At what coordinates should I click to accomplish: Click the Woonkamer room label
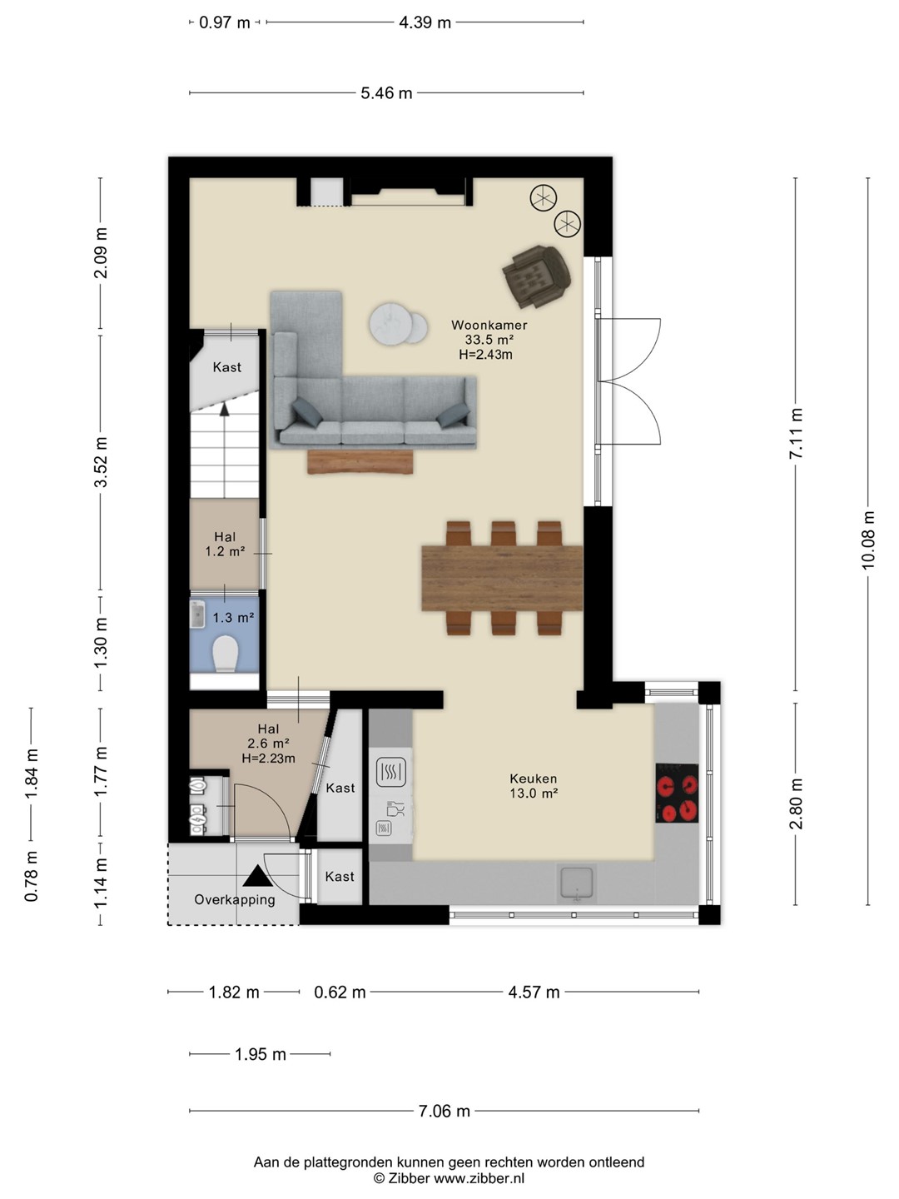point(489,325)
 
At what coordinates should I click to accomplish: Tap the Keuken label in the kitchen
point(534,779)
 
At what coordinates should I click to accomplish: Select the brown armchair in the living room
point(537,276)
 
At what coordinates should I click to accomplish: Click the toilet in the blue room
point(225,654)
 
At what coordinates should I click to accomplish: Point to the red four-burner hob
point(677,794)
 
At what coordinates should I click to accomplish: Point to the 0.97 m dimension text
point(225,23)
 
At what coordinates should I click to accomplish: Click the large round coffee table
point(391,324)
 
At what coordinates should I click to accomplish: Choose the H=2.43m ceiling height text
point(485,355)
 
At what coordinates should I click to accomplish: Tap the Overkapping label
point(235,899)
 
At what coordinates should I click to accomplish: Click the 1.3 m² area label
point(233,618)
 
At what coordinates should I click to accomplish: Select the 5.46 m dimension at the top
point(386,93)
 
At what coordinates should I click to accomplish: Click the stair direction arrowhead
point(225,410)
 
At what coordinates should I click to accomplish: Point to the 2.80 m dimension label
point(797,803)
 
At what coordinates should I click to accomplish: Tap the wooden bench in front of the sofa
point(360,462)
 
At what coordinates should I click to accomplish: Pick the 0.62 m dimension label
point(340,992)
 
